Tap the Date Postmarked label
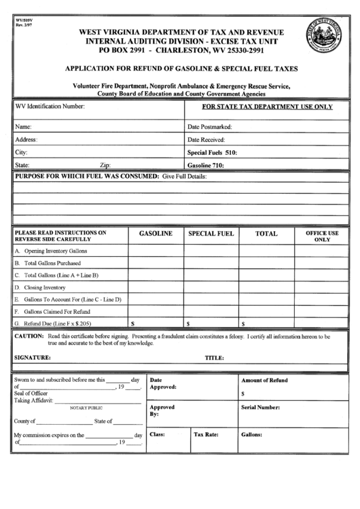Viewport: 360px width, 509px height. click(210, 126)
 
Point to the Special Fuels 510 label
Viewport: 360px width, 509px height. click(212, 153)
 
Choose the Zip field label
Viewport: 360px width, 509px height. click(105, 165)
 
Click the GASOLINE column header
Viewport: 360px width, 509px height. click(156, 233)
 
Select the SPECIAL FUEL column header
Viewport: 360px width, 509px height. click(211, 233)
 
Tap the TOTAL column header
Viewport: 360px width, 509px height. click(266, 233)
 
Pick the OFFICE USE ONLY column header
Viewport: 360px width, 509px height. click(322, 236)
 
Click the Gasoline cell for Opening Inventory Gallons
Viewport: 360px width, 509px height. click(156, 251)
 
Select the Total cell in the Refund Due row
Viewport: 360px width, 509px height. click(266, 323)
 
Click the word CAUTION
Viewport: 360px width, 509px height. click(29, 336)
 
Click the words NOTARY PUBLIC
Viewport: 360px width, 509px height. click(86, 408)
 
